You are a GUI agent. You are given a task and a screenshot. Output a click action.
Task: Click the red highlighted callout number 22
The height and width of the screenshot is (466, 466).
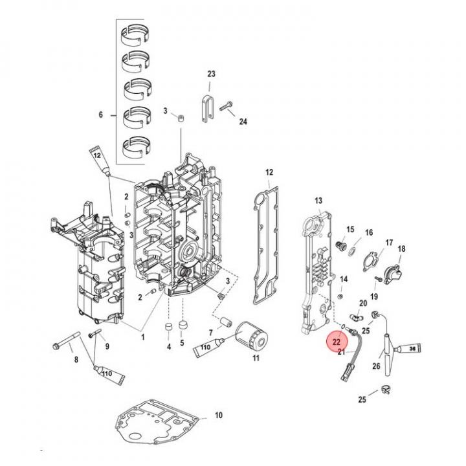pos(337,342)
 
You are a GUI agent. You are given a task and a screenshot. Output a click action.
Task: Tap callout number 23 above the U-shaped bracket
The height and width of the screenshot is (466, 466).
pos(211,74)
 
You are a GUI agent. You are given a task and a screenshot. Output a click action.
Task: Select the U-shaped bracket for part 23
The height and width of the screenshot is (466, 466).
pos(206,108)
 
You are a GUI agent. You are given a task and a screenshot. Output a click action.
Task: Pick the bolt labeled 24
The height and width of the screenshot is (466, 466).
pos(226,106)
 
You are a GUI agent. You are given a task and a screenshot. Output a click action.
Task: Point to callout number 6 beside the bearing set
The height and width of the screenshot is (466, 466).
pos(100,115)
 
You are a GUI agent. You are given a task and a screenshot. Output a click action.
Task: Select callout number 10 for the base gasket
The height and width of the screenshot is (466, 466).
pos(219,415)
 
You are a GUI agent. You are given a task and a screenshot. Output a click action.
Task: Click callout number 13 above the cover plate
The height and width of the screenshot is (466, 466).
pos(318,201)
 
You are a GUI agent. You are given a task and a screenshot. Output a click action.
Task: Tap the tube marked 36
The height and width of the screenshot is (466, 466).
pos(409,349)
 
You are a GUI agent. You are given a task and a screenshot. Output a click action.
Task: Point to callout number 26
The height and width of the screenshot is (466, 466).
pos(376,366)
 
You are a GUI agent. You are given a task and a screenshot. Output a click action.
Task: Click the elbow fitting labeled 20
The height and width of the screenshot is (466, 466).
pos(355,318)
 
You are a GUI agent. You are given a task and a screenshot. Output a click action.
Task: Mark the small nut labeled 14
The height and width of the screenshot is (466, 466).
pos(342,296)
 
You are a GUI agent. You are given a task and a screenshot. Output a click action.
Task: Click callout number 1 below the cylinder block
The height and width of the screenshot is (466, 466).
pos(142,337)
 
